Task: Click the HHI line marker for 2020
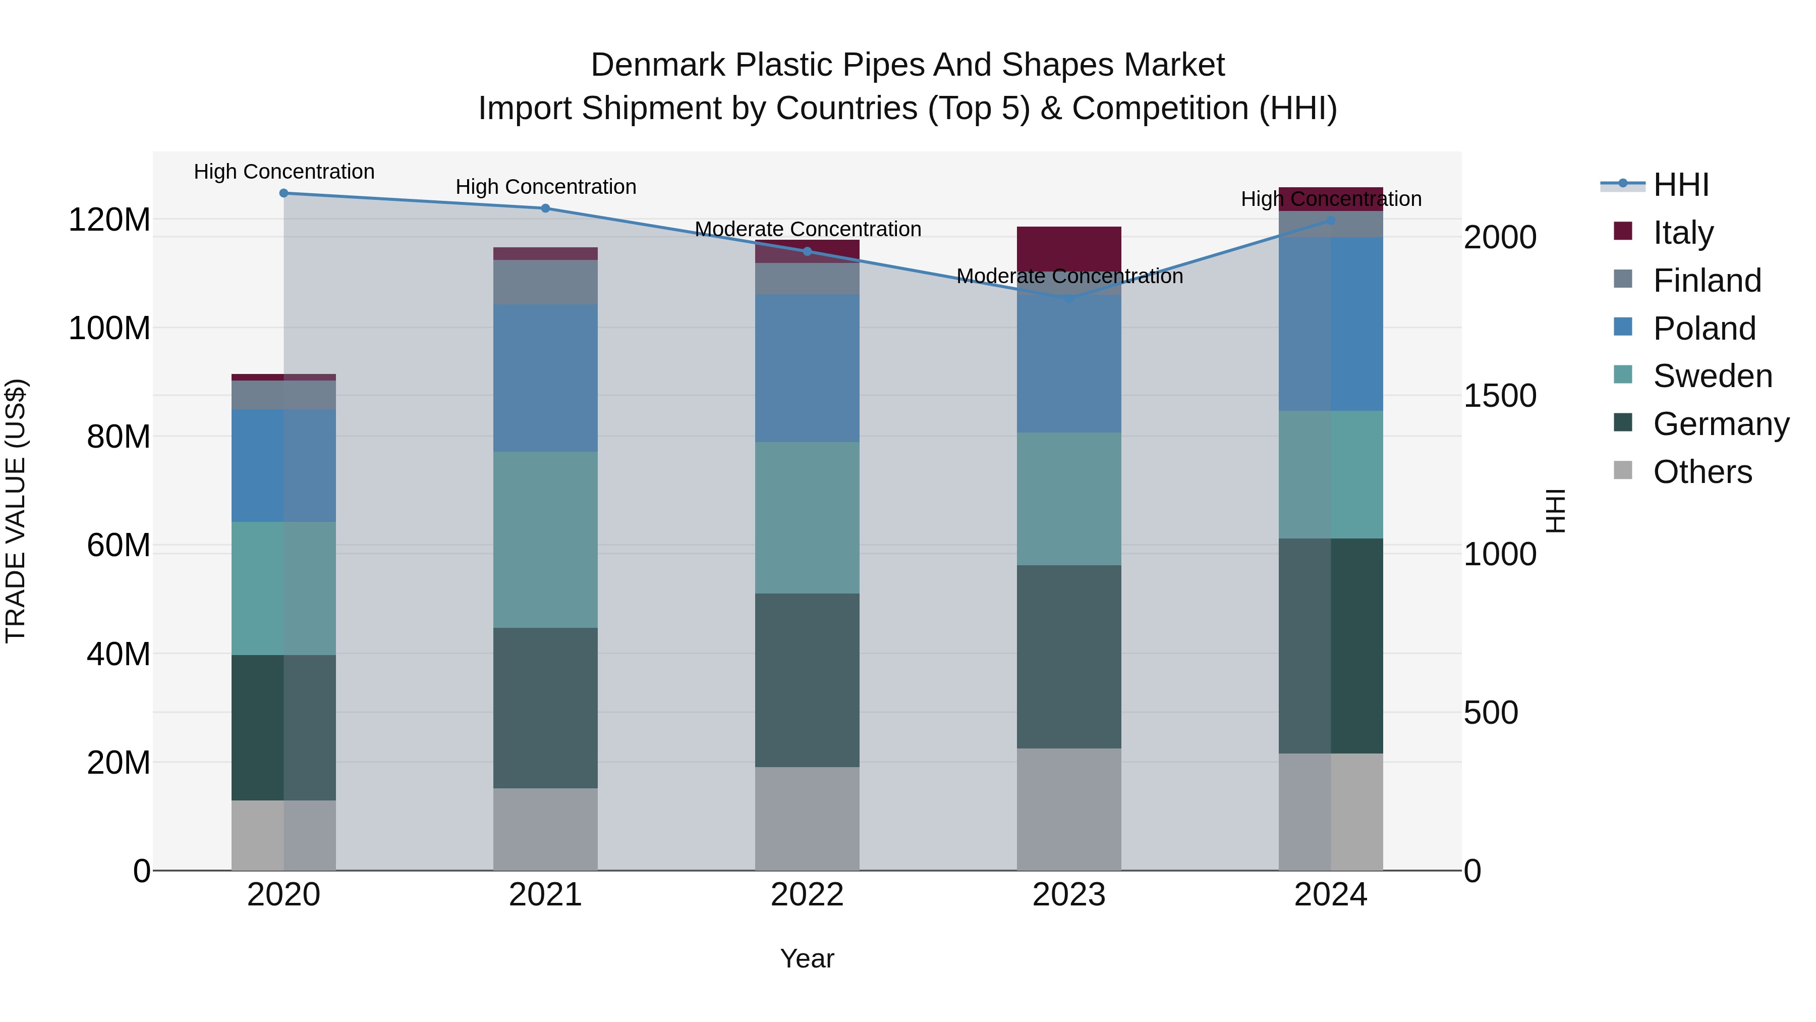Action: (283, 193)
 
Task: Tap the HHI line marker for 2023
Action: (1069, 298)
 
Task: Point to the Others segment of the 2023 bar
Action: (1069, 810)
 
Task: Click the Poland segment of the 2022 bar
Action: (807, 368)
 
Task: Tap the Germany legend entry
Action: (1720, 424)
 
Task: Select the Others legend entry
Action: (1702, 472)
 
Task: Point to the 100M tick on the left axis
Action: (109, 329)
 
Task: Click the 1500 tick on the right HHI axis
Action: (1500, 396)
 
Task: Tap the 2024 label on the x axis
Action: (1330, 895)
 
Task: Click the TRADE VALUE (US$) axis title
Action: (16, 511)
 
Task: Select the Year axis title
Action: (807, 958)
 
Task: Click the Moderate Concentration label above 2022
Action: (808, 229)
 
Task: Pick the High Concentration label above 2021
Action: (546, 187)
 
